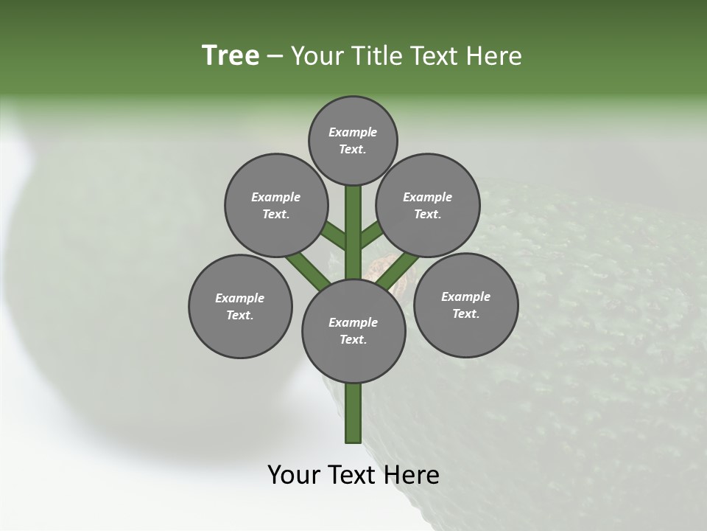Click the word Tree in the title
[231, 55]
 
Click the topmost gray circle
[353, 140]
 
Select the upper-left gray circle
[275, 205]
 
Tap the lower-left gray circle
[240, 306]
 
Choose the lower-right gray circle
[465, 305]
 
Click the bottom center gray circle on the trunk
[353, 330]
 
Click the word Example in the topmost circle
[353, 132]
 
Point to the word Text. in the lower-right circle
[465, 313]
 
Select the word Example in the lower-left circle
[239, 298]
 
